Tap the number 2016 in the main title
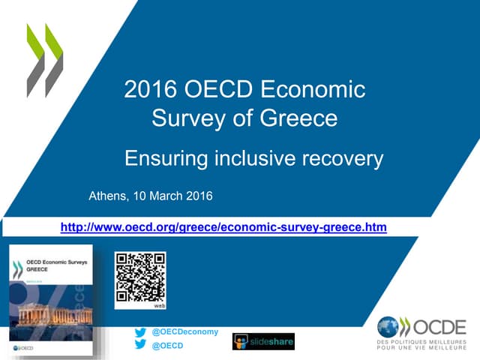(150, 90)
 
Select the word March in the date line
(169, 196)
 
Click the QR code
(139, 277)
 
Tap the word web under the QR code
(159, 306)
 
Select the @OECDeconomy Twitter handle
(185, 331)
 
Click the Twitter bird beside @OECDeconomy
(139, 331)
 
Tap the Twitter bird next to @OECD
(139, 345)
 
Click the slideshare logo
(263, 341)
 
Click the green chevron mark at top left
(45, 60)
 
